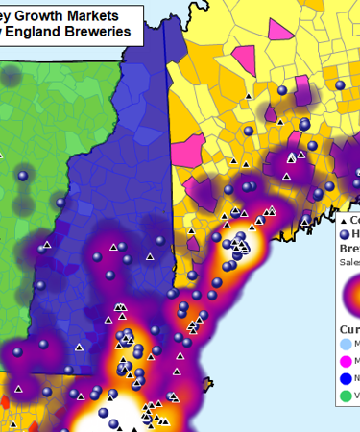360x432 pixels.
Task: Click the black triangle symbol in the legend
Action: pos(342,221)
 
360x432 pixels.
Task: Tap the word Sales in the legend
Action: pos(348,261)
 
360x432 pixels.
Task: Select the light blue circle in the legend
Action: pos(348,343)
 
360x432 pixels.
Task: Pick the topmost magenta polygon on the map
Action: pos(280,28)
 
